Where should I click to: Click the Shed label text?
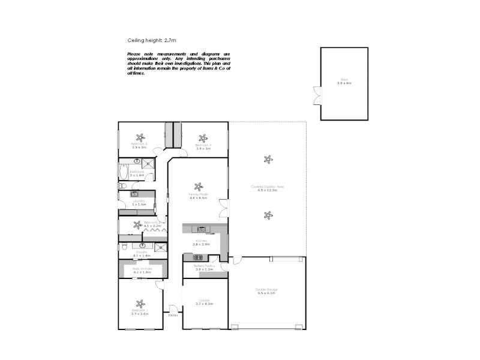344,80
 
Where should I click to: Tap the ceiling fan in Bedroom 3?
140,136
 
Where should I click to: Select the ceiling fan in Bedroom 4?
203,137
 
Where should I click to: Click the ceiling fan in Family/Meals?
197,186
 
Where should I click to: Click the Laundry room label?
139,202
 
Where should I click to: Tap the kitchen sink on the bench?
202,229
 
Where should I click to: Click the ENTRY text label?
173,315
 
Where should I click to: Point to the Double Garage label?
268,290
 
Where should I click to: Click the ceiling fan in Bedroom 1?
140,304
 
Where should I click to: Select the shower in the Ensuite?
160,247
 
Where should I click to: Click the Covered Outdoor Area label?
268,186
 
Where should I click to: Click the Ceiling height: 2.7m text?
151,40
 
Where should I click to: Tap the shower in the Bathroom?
148,162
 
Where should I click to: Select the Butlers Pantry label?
205,265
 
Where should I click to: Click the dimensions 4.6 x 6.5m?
198,198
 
